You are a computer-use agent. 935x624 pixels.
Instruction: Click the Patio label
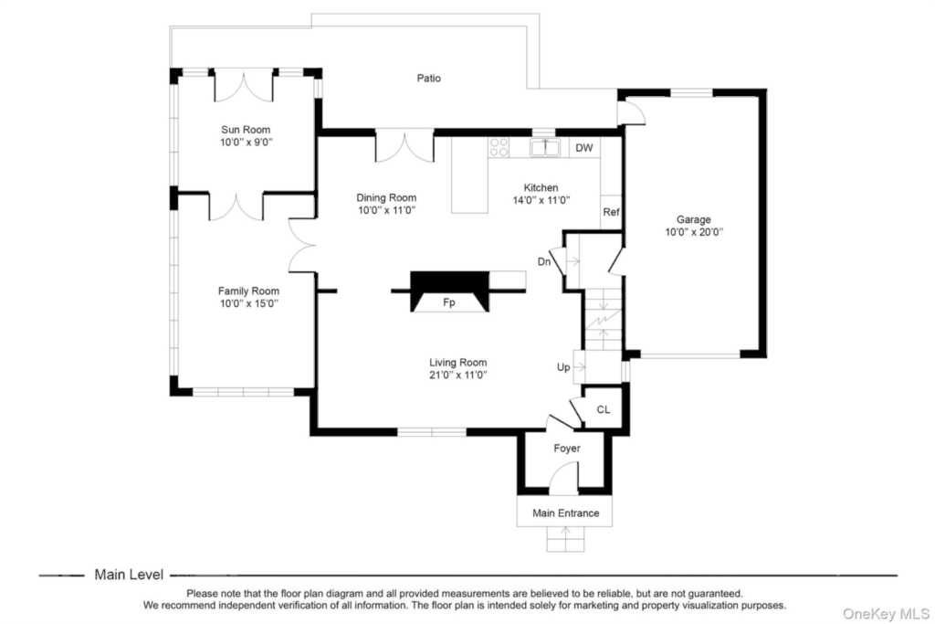[x=429, y=79]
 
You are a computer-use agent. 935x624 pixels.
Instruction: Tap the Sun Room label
[x=246, y=130]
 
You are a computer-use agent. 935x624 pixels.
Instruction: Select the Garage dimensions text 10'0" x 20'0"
[x=694, y=232]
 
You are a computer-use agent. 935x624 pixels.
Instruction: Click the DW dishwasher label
[x=584, y=148]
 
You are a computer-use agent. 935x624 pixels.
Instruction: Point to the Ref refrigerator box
[x=611, y=212]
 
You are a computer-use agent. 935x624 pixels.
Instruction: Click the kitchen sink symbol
[x=545, y=147]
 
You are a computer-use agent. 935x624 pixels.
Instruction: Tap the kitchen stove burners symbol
[x=499, y=147]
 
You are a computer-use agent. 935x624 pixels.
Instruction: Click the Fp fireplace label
[x=449, y=302]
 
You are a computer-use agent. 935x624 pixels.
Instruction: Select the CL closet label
[x=604, y=409]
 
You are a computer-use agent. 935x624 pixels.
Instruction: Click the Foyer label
[x=566, y=448]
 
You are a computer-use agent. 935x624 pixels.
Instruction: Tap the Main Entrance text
[x=566, y=513]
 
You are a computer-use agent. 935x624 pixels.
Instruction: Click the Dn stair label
[x=544, y=262]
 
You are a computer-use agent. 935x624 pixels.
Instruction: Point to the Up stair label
[x=563, y=367]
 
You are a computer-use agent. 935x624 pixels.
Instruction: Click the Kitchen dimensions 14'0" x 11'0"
[x=541, y=200]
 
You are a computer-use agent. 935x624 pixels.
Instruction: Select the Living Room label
[x=458, y=362]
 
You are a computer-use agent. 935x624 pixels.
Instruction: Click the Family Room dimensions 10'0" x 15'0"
[x=248, y=303]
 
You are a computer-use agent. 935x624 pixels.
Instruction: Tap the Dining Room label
[x=386, y=197]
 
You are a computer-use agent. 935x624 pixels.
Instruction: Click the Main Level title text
[x=129, y=575]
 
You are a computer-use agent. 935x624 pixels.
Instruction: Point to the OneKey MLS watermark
[x=886, y=614]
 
